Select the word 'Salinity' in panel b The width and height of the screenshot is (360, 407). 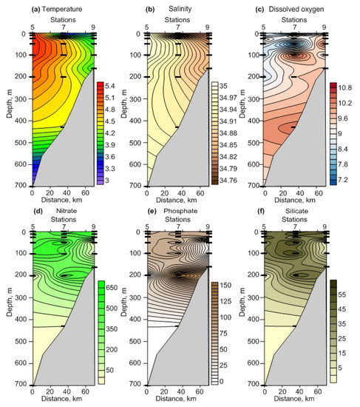(179, 7)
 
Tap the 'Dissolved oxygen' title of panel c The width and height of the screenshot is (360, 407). (296, 7)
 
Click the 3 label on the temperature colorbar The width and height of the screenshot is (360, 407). (108, 181)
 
